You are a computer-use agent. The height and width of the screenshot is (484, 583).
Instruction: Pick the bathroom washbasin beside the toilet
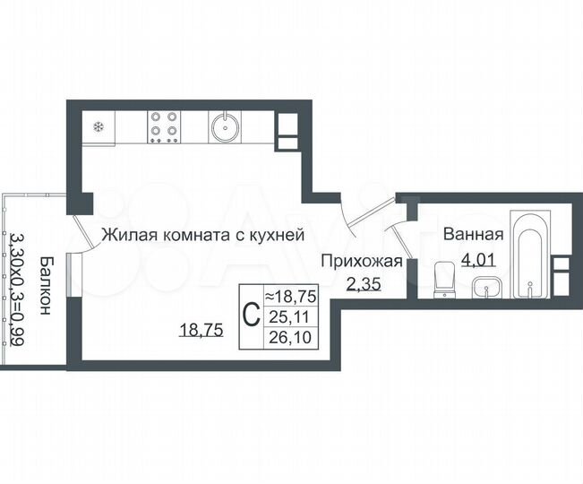tap(484, 288)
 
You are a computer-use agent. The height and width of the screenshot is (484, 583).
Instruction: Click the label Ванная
tap(473, 235)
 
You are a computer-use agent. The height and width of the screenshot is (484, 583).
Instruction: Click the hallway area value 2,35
tap(361, 286)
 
